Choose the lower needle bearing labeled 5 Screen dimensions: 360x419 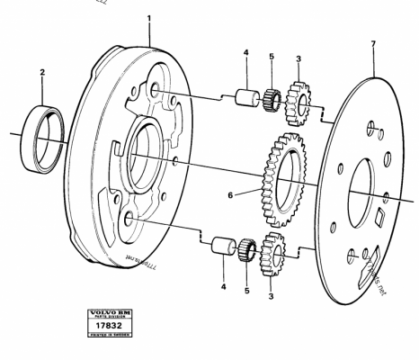click(x=247, y=247)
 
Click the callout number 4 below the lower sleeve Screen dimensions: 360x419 click(x=219, y=289)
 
